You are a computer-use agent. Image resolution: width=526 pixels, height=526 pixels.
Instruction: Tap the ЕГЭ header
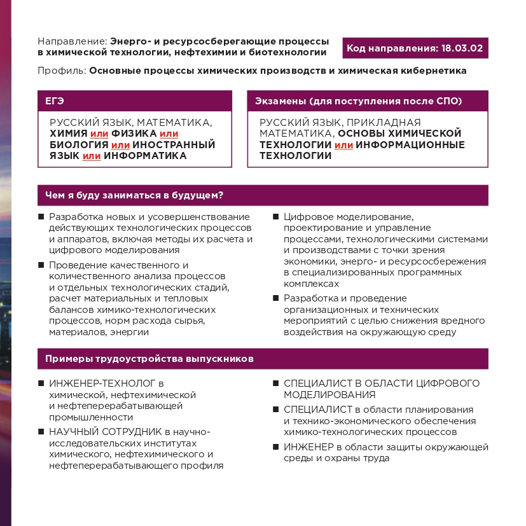pyautogui.click(x=55, y=101)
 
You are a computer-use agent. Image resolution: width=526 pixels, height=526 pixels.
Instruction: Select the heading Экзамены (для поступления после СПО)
pyautogui.click(x=358, y=101)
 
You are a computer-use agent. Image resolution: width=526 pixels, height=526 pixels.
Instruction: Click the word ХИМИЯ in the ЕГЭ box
pyautogui.click(x=69, y=134)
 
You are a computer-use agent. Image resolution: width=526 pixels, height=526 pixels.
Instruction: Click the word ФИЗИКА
pyautogui.click(x=134, y=134)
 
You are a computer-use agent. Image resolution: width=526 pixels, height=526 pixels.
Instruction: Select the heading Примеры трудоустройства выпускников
pyautogui.click(x=149, y=359)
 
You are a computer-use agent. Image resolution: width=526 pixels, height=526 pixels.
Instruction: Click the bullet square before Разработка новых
pyautogui.click(x=41, y=217)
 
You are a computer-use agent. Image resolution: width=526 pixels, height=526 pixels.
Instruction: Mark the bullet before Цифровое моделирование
pyautogui.click(x=276, y=217)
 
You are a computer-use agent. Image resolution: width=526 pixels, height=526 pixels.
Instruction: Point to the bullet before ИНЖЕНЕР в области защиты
pyautogui.click(x=276, y=446)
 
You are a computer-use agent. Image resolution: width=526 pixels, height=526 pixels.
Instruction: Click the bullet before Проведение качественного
pyautogui.click(x=41, y=265)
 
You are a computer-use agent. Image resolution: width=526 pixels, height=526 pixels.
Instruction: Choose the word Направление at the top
pyautogui.click(x=71, y=41)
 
